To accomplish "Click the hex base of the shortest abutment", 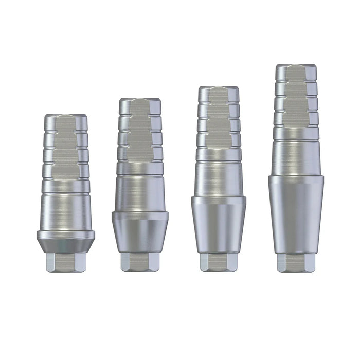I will (65, 262).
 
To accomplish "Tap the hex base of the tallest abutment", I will (296, 262).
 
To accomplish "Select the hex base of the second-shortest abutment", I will (139, 262).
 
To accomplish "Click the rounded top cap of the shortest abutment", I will (65, 119).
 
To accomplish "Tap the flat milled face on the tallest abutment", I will (296, 103).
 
